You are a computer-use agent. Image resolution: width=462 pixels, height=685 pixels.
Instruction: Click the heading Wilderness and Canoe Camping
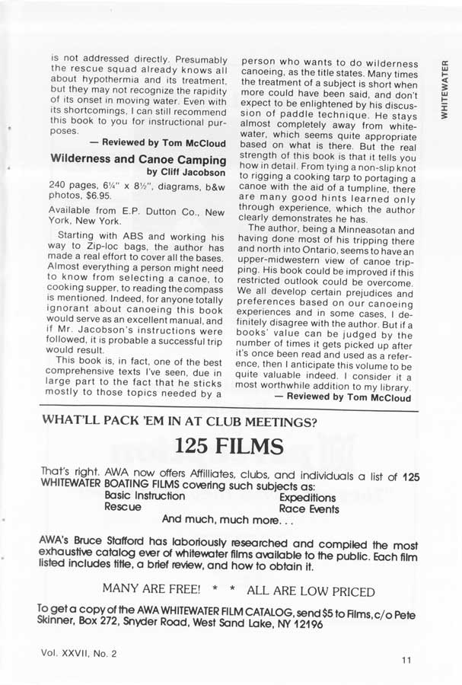click(x=138, y=160)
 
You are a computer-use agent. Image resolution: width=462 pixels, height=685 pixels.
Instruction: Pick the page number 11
click(x=406, y=660)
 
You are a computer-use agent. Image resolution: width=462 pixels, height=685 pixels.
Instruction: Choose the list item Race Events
click(x=309, y=508)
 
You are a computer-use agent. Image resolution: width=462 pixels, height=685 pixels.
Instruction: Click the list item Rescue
click(x=122, y=507)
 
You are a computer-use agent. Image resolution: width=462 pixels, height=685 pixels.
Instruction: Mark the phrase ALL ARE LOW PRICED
click(x=311, y=591)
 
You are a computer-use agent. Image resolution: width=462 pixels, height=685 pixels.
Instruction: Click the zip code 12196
click(x=306, y=624)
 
